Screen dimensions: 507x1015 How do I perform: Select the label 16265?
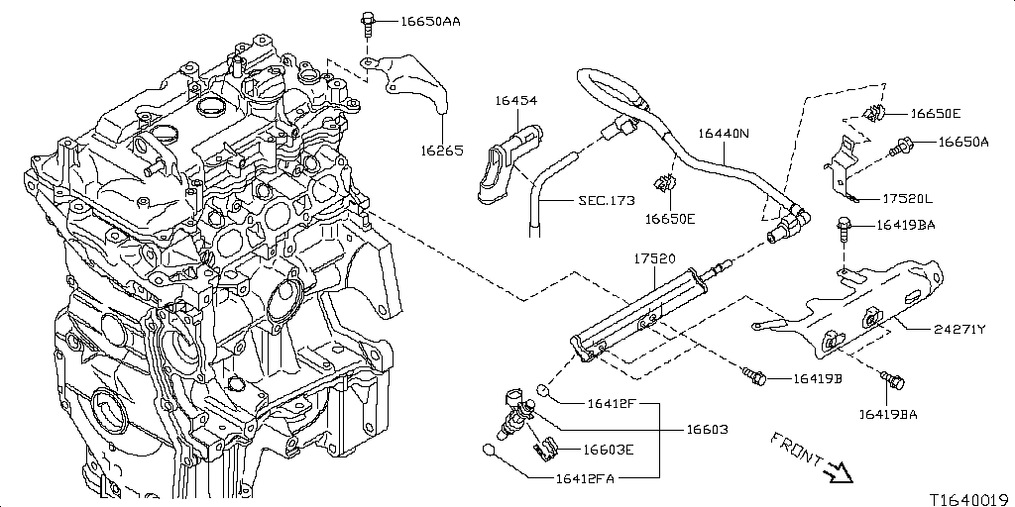click(x=441, y=151)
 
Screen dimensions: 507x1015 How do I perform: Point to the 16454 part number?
click(x=517, y=101)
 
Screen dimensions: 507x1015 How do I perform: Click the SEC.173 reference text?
click(x=606, y=200)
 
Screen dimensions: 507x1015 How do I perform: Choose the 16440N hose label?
click(x=724, y=133)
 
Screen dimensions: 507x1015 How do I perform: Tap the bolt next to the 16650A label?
click(x=902, y=146)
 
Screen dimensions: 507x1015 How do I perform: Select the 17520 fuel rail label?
click(x=655, y=258)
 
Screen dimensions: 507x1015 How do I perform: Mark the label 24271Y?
click(x=959, y=329)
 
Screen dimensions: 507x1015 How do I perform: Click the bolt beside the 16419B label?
click(x=754, y=375)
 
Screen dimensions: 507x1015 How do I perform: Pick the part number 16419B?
click(x=817, y=379)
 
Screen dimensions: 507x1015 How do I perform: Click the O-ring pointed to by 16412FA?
click(x=490, y=451)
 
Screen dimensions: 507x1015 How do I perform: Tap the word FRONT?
click(x=795, y=447)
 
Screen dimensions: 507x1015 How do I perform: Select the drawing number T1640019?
click(x=968, y=499)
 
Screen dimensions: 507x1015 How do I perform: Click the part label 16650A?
click(x=963, y=142)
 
